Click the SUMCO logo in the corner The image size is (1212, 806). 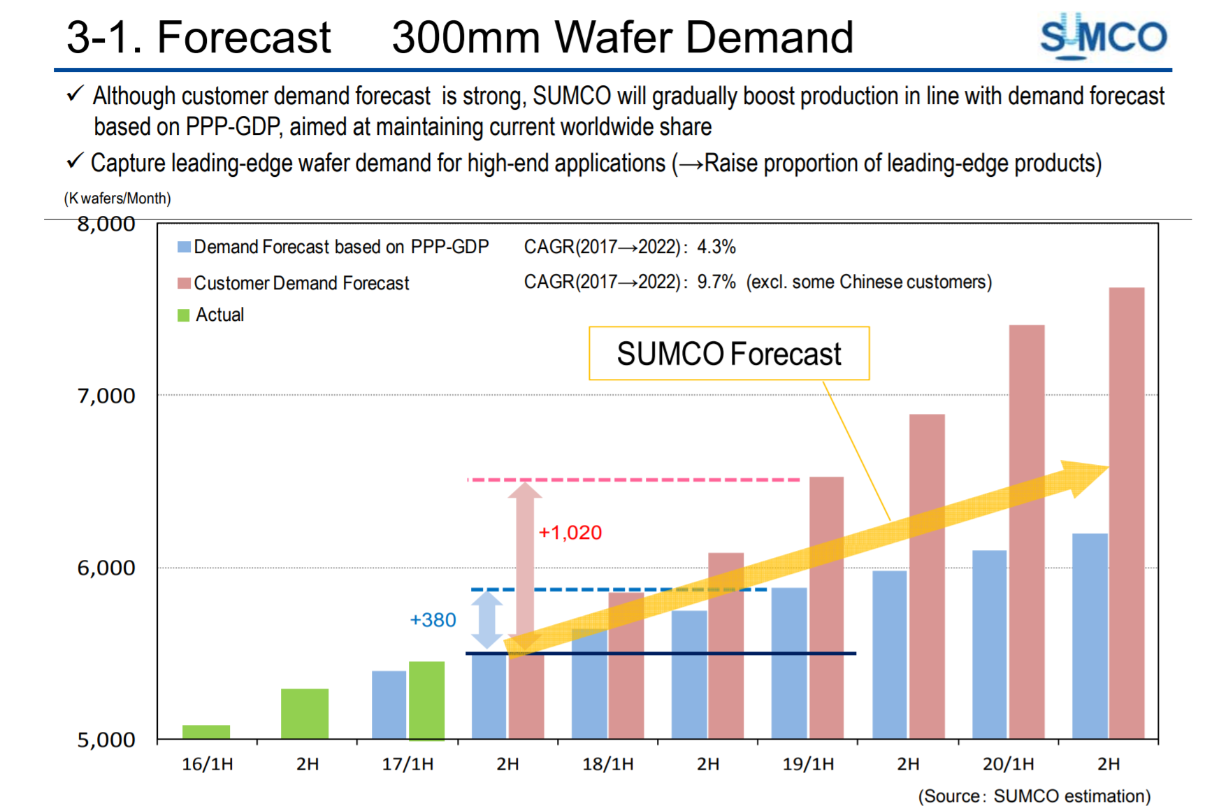pos(1102,36)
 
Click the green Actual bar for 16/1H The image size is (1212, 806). pos(206,732)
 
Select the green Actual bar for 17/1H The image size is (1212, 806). pos(426,700)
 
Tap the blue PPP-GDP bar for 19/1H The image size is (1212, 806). pos(789,663)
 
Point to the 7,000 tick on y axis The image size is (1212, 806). pos(106,396)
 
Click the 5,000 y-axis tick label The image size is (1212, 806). pos(106,740)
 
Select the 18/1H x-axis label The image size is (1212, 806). pos(607,764)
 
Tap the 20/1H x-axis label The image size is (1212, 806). pos(1008,764)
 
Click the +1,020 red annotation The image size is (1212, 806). pos(570,533)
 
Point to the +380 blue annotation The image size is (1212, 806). pos(433,620)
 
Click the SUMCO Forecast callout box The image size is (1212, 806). pos(729,354)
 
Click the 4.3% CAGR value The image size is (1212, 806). pos(716,247)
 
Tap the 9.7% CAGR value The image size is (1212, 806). pos(716,282)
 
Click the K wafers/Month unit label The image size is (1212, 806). pos(117,199)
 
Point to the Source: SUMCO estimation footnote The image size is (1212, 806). pos(1034,796)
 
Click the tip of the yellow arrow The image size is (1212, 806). pos(1106,468)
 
